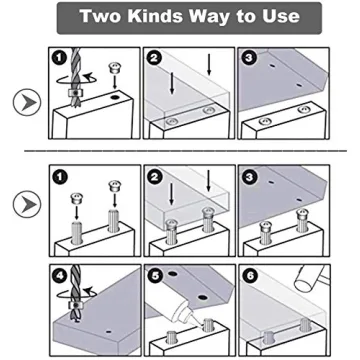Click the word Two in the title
(x=103, y=17)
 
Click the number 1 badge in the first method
(x=58, y=58)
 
